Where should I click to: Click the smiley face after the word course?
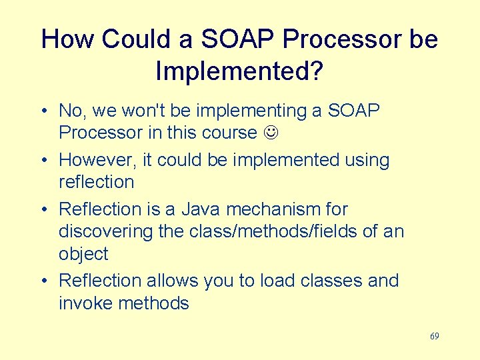[270, 133]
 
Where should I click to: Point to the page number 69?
[434, 336]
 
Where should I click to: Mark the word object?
[83, 255]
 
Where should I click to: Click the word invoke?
[85, 303]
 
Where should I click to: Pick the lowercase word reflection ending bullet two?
[96, 182]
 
